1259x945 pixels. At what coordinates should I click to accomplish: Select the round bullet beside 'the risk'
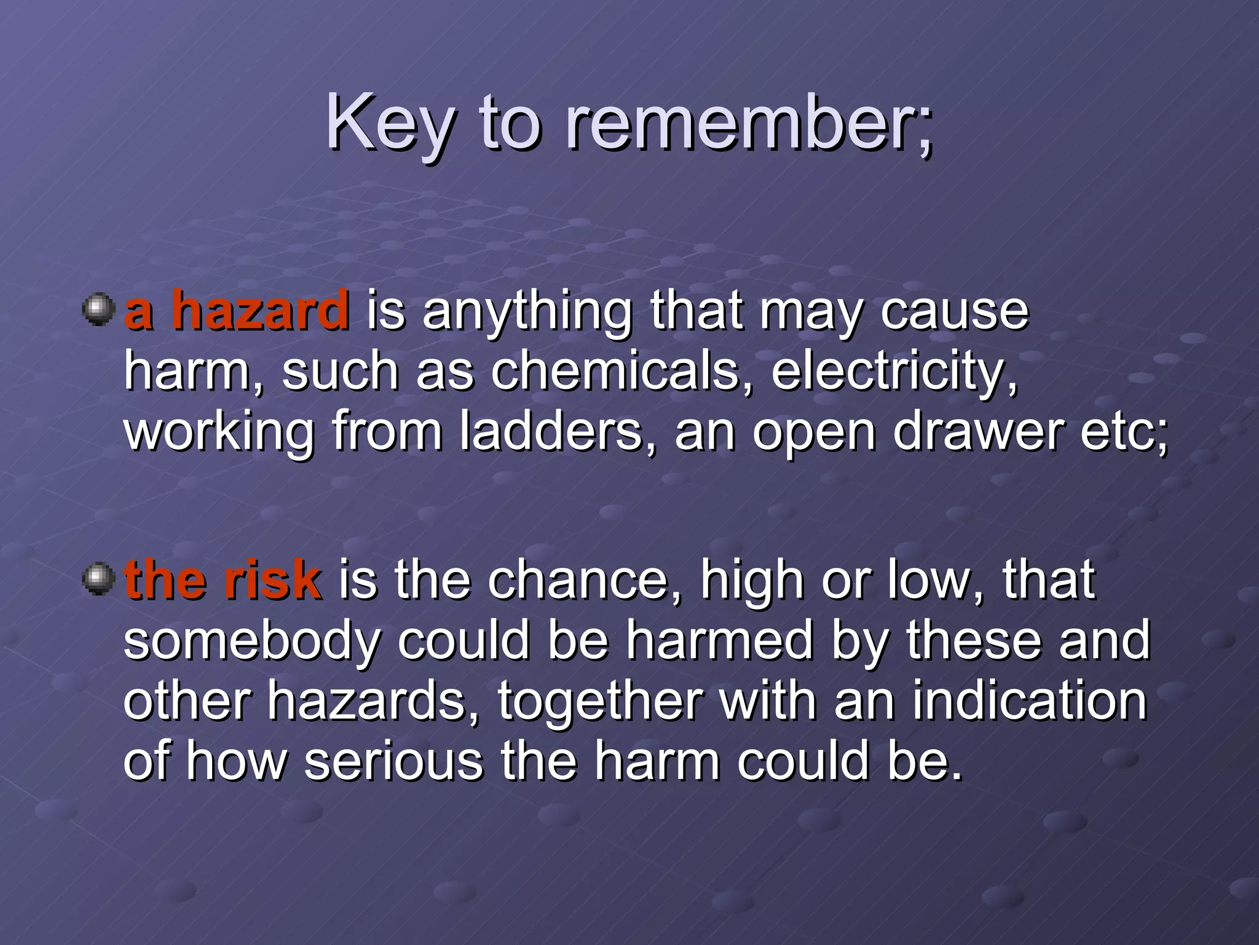tap(98, 579)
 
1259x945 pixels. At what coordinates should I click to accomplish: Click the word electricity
tap(894, 372)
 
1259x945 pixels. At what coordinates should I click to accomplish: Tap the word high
tap(753, 581)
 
